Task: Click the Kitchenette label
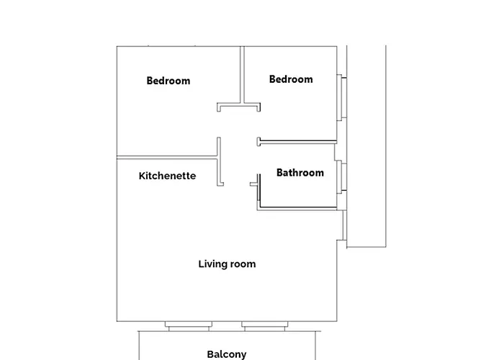pos(167,176)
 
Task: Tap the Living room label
pos(227,264)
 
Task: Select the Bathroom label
pos(300,173)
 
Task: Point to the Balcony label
pos(227,354)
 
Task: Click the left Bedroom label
pos(168,81)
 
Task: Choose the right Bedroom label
pos(291,79)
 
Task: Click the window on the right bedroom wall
pos(341,98)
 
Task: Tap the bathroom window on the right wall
pos(341,177)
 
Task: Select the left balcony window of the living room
pos(189,326)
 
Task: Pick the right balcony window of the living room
pos(265,326)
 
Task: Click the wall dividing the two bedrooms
pos(242,75)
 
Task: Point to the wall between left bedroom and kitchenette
pos(167,158)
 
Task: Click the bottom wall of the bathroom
pos(297,209)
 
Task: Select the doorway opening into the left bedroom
pos(219,125)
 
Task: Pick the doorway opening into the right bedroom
pos(258,125)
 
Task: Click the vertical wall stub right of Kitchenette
pos(219,162)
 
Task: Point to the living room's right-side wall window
pos(345,225)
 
